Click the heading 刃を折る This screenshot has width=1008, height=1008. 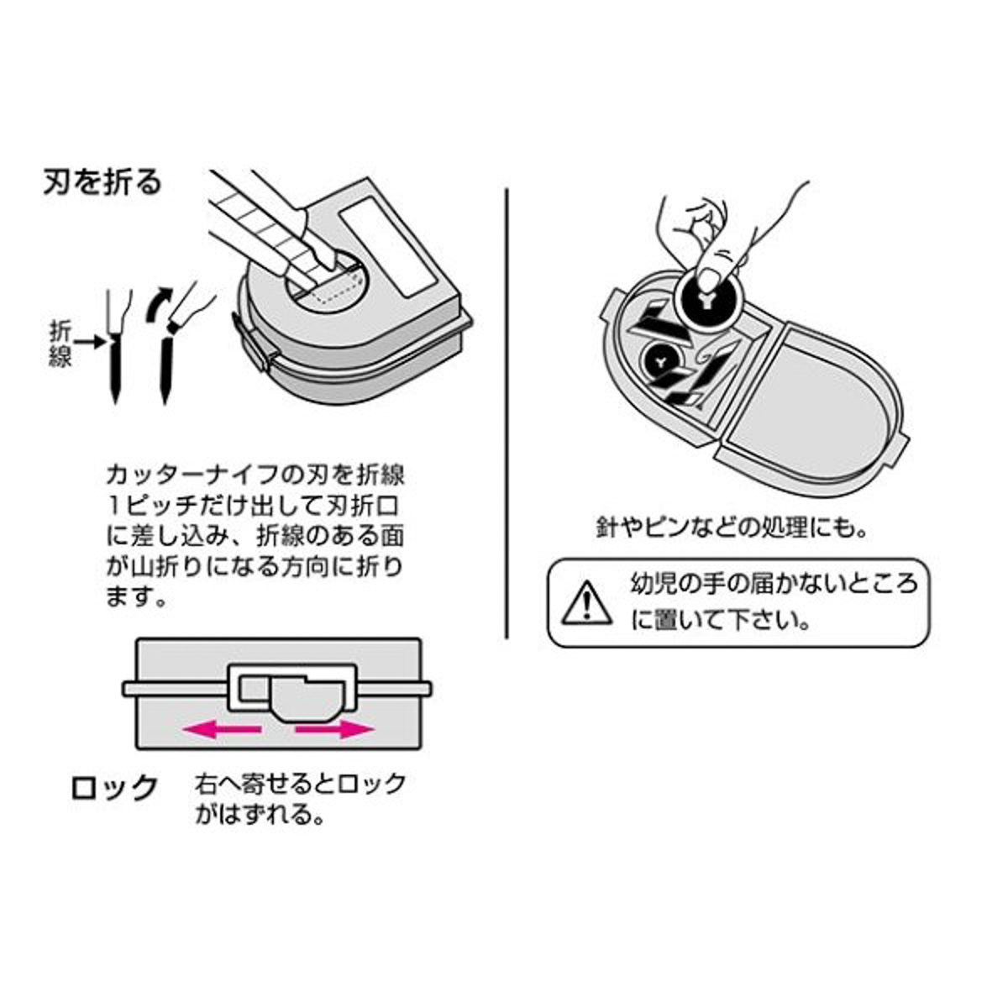click(x=102, y=182)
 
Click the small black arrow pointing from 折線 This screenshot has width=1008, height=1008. click(x=89, y=342)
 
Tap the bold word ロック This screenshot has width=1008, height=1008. click(x=114, y=787)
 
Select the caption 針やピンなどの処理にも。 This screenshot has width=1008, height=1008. click(x=731, y=528)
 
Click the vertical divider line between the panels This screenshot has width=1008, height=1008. click(x=507, y=412)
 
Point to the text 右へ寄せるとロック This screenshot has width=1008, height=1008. click(x=301, y=784)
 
